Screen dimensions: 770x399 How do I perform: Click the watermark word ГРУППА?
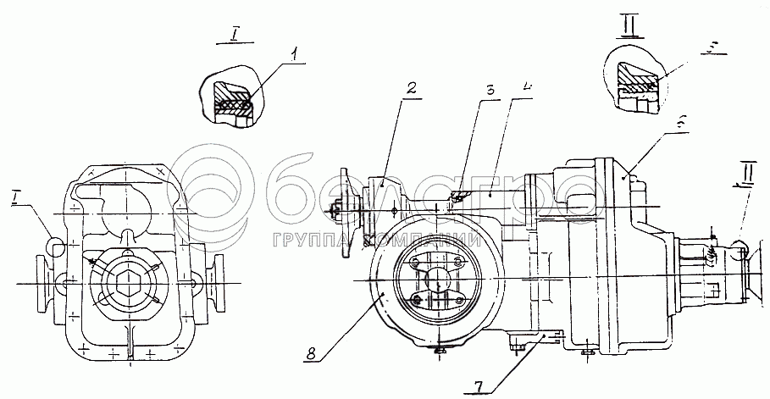point(314,241)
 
